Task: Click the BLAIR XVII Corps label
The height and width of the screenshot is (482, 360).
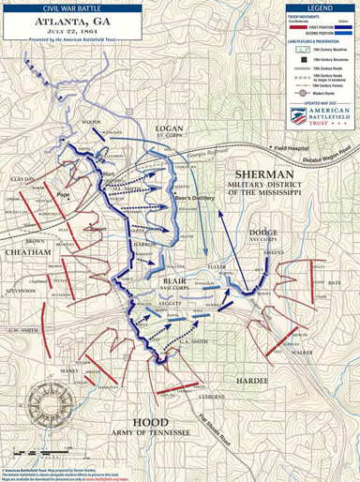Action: (173, 282)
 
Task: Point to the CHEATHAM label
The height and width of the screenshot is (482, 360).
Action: (26, 252)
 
